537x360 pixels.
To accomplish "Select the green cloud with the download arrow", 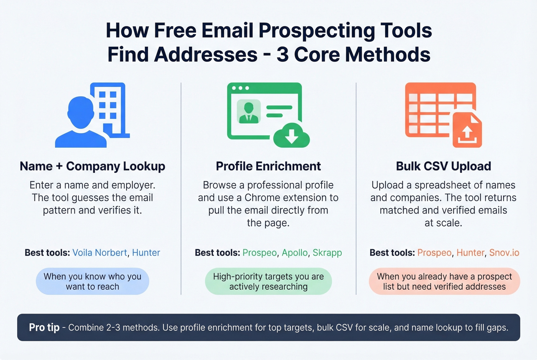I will click(292, 136).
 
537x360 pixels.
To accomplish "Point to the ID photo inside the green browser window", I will click(249, 112).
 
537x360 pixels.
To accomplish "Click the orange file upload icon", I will click(467, 130).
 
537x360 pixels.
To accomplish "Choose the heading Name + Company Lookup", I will click(92, 166).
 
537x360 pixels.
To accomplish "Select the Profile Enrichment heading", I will click(268, 166).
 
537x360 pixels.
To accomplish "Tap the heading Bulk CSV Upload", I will click(443, 166).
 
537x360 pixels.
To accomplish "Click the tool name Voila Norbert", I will click(100, 253).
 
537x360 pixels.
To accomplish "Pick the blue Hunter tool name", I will click(146, 253).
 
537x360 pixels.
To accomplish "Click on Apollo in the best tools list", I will click(295, 253).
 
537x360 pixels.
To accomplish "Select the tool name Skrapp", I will click(327, 253).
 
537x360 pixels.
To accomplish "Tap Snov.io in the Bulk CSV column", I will click(504, 253).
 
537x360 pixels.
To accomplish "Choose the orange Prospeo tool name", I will click(434, 253).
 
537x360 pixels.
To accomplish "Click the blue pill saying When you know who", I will click(92, 281).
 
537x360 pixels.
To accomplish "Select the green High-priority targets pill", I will click(268, 281).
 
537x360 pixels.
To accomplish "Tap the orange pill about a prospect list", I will click(444, 281).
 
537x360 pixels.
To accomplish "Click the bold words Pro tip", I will click(44, 327).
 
